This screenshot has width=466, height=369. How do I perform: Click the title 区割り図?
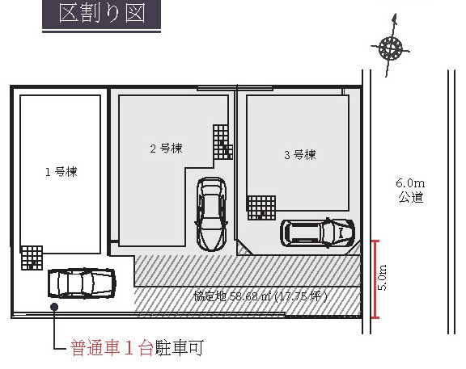tap(102, 13)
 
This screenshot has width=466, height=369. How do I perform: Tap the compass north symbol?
tap(391, 47)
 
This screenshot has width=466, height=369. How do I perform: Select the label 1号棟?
tap(61, 172)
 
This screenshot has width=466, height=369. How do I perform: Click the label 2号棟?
tap(166, 149)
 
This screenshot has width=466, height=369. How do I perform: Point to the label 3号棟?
tap(300, 154)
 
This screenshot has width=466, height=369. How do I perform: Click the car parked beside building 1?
tap(82, 283)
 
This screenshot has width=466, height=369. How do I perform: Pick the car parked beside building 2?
tap(211, 214)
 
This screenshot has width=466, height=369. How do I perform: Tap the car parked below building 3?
tap(317, 233)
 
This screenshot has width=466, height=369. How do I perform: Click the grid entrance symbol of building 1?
tap(32, 258)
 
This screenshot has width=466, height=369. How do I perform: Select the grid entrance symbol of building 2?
tap(222, 142)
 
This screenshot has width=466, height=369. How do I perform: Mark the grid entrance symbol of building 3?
tap(261, 208)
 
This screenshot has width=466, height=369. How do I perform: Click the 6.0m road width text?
tap(410, 183)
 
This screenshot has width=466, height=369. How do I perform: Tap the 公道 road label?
tap(411, 197)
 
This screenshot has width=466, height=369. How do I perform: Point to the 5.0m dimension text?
tap(383, 277)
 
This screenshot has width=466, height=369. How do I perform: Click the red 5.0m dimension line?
tap(375, 279)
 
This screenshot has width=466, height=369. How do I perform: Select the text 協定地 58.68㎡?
tap(232, 296)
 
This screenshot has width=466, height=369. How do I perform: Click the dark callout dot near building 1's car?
tap(54, 307)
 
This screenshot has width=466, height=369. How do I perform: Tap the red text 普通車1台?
tap(112, 348)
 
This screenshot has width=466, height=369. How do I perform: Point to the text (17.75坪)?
tap(300, 296)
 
